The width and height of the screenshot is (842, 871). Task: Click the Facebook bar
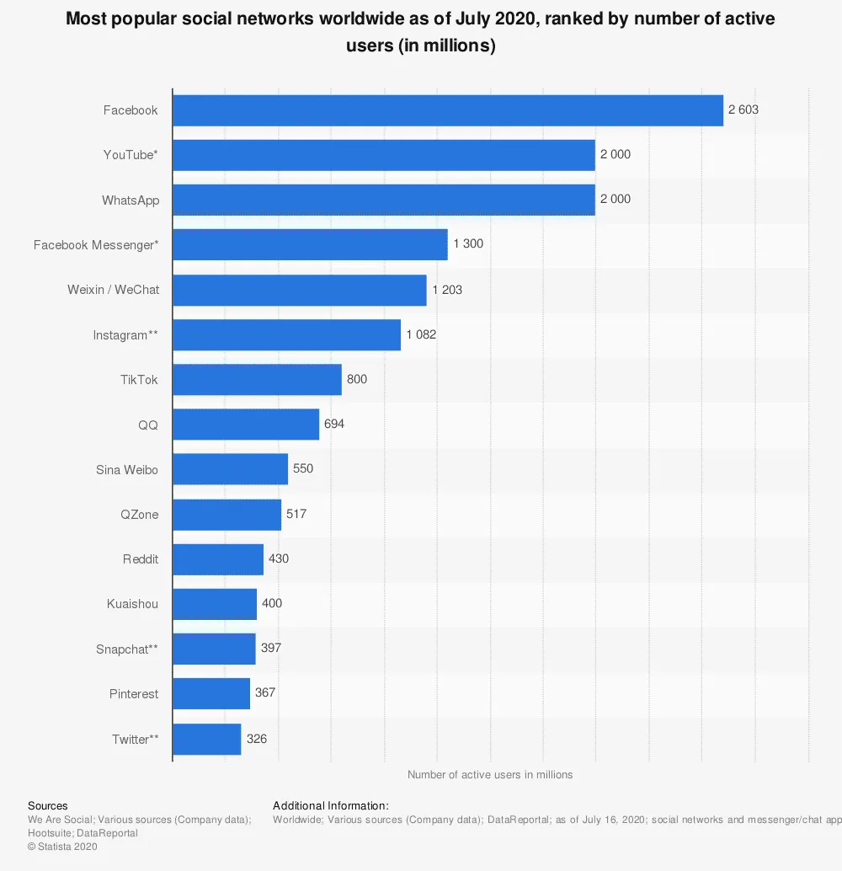(x=447, y=110)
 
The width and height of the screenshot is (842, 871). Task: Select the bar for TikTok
(x=257, y=380)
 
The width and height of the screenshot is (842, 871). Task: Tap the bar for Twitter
(x=206, y=740)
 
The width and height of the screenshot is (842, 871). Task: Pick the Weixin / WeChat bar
(x=299, y=290)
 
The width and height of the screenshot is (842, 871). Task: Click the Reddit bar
(x=217, y=559)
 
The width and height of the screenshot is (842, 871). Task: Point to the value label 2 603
(x=743, y=110)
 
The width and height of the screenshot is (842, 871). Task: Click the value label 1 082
(x=421, y=334)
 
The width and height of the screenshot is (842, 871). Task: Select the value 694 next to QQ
(x=334, y=424)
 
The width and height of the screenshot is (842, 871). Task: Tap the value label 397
(x=271, y=648)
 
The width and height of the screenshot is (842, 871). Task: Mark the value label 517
(x=296, y=513)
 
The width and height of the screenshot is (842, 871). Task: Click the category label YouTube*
(x=131, y=154)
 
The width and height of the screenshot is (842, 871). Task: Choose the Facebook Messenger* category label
(x=96, y=245)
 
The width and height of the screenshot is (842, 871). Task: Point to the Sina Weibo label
(x=127, y=469)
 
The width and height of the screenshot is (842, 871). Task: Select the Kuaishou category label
(x=133, y=604)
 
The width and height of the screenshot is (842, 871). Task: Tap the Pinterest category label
(x=134, y=694)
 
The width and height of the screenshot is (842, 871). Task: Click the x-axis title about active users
(x=490, y=775)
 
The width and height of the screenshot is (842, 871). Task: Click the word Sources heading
(x=48, y=806)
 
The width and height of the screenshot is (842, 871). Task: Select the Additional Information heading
(x=331, y=806)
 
